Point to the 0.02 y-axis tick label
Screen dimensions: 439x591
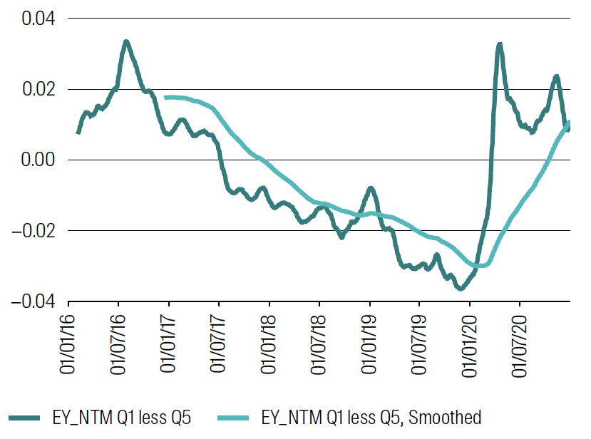point(37,89)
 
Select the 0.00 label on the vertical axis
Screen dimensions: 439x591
point(37,160)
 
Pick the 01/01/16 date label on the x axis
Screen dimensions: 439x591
point(68,346)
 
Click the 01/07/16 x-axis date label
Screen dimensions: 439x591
point(118,346)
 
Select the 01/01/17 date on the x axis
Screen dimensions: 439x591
point(169,346)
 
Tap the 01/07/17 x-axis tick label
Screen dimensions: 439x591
point(219,346)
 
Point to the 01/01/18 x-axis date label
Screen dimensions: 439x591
point(269,346)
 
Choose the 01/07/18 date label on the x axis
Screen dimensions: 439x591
point(319,346)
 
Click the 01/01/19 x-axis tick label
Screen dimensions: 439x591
point(370,346)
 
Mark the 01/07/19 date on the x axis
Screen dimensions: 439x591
point(420,346)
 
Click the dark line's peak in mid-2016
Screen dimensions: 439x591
point(125,42)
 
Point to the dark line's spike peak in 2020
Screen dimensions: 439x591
point(499,44)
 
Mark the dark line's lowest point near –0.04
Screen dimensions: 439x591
point(461,288)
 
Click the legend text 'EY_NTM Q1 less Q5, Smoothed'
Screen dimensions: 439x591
point(371,417)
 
